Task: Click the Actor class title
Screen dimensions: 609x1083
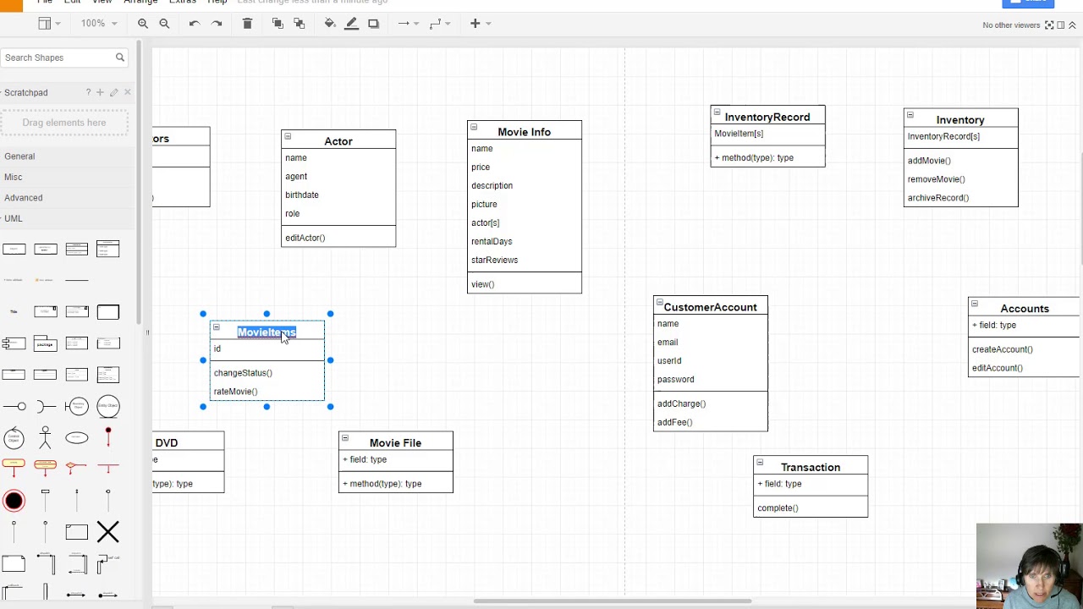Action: tap(338, 141)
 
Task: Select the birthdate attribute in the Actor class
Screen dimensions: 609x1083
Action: tap(302, 195)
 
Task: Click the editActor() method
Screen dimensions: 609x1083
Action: tap(305, 238)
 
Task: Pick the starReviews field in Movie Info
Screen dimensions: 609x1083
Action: tap(494, 260)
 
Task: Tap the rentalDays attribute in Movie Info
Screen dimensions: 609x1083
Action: tap(492, 241)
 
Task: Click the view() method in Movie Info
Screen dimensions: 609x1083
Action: tap(482, 284)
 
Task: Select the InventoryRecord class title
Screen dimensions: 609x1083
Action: tap(767, 117)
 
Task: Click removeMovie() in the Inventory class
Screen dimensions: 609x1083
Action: tap(936, 179)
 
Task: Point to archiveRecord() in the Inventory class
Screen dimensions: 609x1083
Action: tap(937, 198)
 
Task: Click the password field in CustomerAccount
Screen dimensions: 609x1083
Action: tap(675, 379)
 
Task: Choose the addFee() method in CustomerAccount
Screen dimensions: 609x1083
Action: tap(674, 422)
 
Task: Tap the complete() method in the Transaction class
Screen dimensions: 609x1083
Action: tap(778, 507)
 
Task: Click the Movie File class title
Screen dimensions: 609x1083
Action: tap(395, 443)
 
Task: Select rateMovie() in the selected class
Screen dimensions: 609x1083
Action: tap(235, 392)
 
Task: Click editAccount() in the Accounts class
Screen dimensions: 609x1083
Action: tap(997, 368)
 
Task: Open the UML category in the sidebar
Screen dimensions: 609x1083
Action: tap(14, 218)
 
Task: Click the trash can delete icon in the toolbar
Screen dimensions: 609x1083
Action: tap(247, 24)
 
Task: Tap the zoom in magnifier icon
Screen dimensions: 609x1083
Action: tap(143, 24)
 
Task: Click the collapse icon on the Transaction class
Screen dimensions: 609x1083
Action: tap(760, 463)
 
